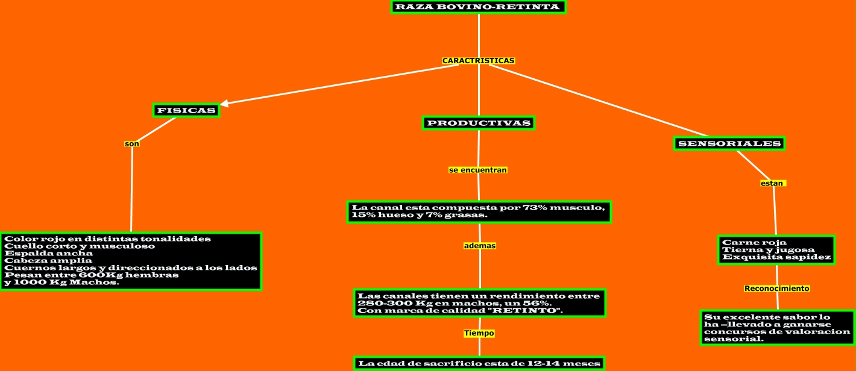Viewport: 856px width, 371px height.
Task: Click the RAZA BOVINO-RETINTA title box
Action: (x=478, y=7)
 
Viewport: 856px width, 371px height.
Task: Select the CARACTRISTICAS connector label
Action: (x=478, y=61)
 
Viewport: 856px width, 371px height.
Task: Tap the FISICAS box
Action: (x=186, y=110)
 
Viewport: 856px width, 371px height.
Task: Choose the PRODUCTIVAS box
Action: (x=479, y=123)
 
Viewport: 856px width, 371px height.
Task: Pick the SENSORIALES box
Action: (x=729, y=143)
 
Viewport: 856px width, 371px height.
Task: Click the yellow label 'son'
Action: (x=131, y=144)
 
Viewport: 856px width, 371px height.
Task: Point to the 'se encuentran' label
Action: (x=478, y=170)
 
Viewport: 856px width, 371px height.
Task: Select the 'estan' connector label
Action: (x=772, y=183)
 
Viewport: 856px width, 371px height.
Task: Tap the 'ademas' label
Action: (x=479, y=246)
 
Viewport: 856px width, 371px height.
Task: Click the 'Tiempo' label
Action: (x=479, y=333)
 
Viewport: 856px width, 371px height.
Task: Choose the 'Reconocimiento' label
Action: (x=776, y=288)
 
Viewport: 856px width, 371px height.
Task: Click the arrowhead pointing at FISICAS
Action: (x=224, y=104)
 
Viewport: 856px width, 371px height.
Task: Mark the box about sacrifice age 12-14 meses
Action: (x=479, y=363)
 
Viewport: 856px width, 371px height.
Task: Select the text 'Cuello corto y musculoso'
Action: (x=80, y=246)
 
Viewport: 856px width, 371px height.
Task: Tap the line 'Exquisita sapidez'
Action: (x=776, y=257)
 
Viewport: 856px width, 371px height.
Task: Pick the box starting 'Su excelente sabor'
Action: (x=777, y=328)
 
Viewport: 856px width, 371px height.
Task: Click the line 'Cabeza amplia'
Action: (x=48, y=260)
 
